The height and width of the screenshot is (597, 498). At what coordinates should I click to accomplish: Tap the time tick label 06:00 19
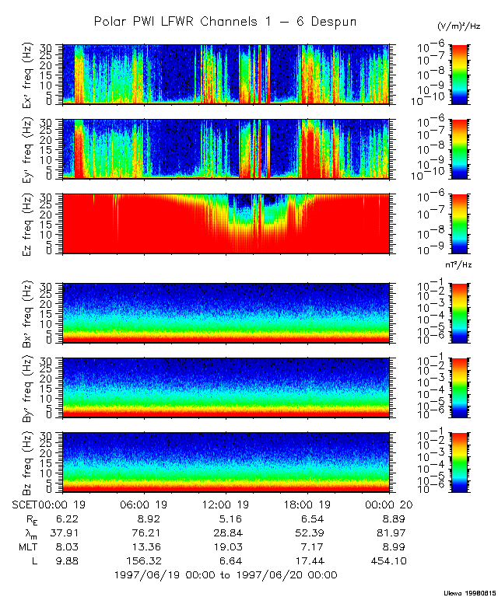coord(145,504)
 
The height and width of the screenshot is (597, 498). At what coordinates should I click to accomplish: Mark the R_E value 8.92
coord(145,518)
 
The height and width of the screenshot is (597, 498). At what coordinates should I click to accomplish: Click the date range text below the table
coord(225,575)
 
